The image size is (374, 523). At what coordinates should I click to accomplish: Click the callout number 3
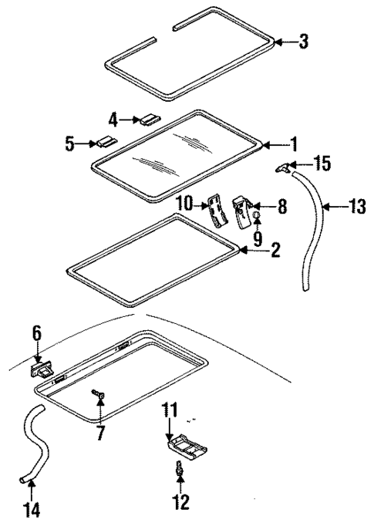tap(303, 42)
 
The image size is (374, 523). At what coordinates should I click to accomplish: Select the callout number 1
tap(292, 143)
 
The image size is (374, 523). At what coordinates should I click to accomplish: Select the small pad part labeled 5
tap(104, 143)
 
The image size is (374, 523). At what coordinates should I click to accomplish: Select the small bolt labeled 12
tap(179, 467)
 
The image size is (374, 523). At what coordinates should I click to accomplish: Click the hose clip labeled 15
tap(285, 167)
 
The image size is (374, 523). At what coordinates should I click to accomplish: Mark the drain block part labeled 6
tap(42, 372)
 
